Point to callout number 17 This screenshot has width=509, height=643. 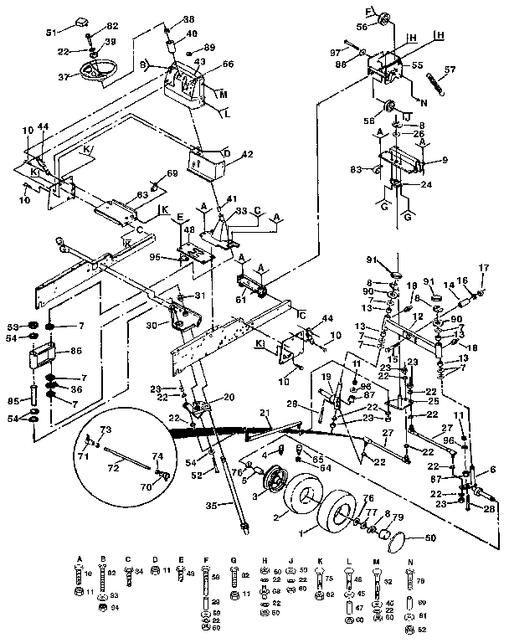pos(483,268)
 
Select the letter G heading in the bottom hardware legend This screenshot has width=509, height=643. pos(233,559)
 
